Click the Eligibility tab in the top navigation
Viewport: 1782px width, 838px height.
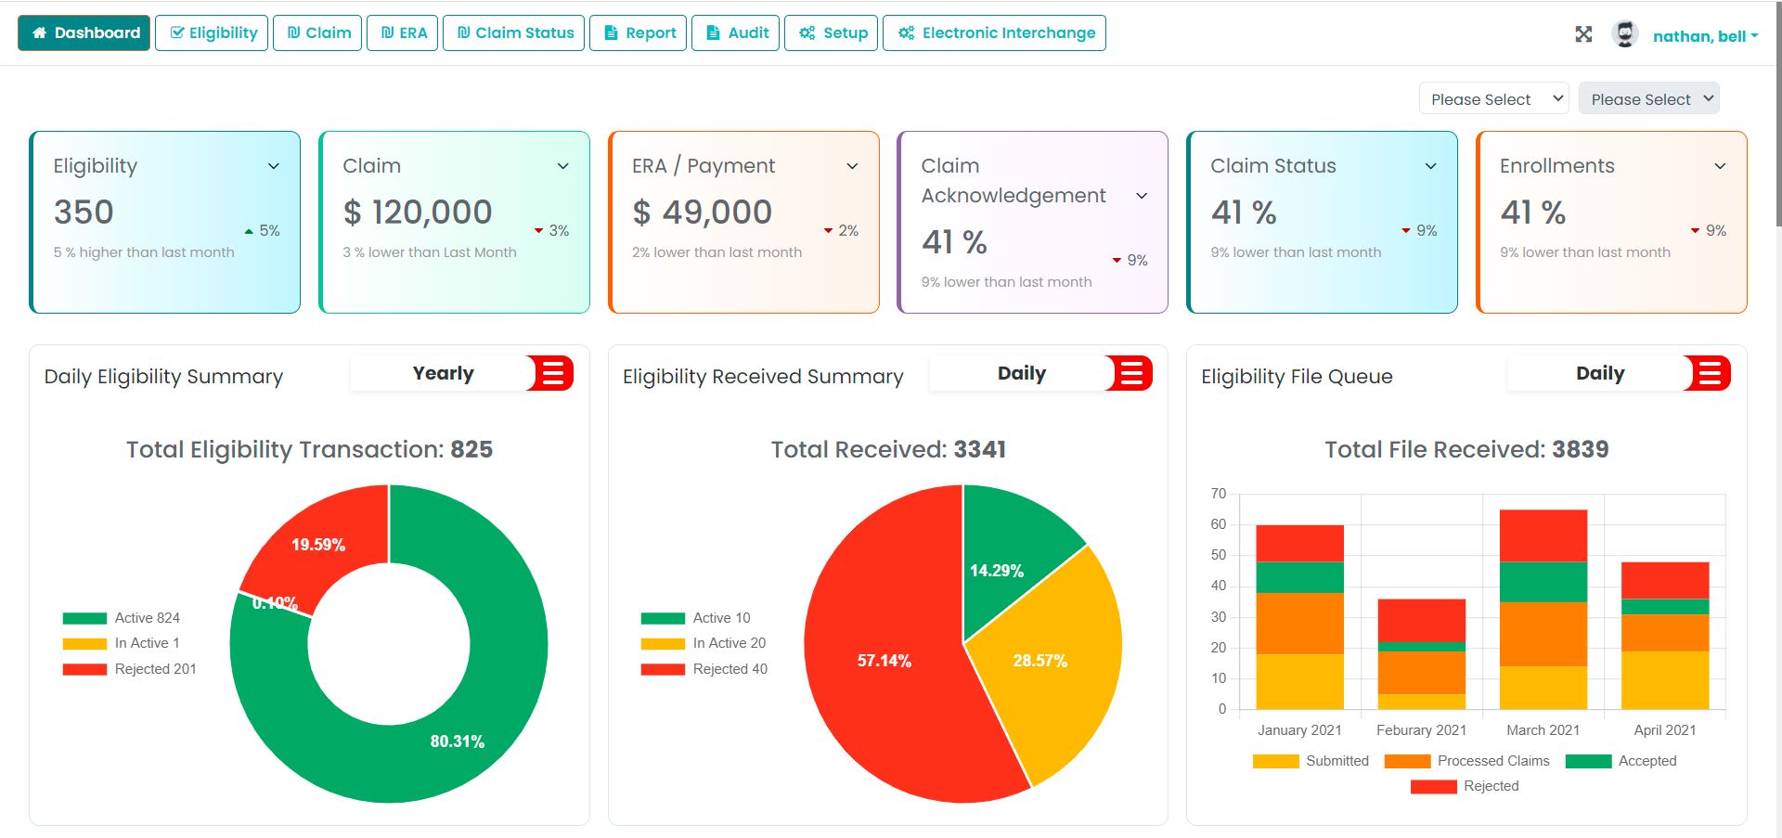coord(212,33)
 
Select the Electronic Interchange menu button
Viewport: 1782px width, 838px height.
coord(994,33)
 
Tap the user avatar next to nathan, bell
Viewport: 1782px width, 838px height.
coord(1624,34)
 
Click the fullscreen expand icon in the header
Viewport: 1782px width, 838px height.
coord(1583,34)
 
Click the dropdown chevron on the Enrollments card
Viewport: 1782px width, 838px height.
coord(1720,166)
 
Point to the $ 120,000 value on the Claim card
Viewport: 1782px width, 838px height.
coord(418,213)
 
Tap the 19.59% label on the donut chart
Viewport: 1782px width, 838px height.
coord(318,545)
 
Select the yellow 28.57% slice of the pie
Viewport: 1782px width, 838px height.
coord(1040,661)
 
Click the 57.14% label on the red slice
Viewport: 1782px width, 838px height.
coord(884,661)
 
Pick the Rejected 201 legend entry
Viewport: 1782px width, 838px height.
coord(130,669)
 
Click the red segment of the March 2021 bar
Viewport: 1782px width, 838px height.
coord(1543,535)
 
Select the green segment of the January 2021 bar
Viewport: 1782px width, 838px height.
coord(1299,577)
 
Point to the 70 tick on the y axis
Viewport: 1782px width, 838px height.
coord(1219,494)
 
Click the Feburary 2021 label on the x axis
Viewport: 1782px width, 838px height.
coord(1421,730)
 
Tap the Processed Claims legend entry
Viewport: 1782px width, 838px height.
coord(1466,761)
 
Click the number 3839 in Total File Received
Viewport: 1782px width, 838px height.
coord(1580,450)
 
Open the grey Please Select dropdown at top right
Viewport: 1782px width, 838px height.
coord(1648,99)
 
